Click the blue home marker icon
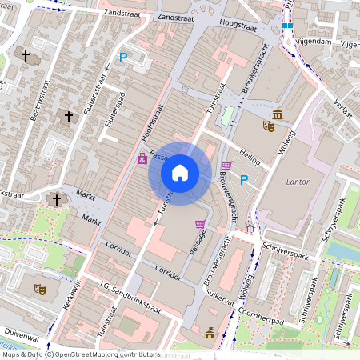point(179,172)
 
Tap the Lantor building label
point(297,182)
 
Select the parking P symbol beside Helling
point(245,180)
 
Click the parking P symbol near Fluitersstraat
point(123,57)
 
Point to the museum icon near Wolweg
point(277,114)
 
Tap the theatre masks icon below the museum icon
point(269,126)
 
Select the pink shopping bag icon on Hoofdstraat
point(142,158)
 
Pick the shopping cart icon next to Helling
point(226,166)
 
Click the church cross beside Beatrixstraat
point(26,56)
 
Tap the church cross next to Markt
point(54,199)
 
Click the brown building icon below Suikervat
point(210,334)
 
